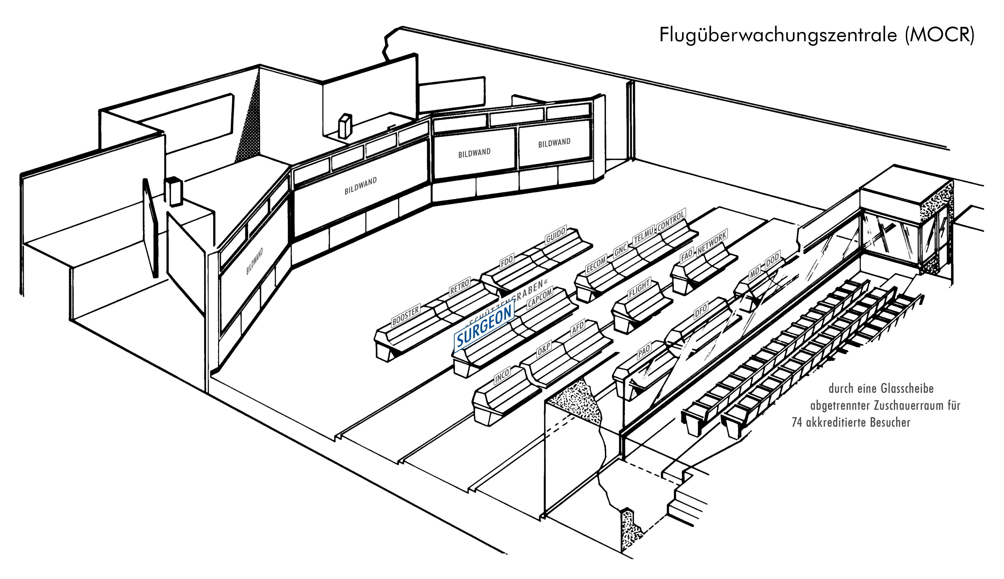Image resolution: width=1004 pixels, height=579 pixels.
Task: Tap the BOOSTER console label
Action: (406, 315)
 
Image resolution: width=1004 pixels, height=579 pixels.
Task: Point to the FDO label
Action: (507, 262)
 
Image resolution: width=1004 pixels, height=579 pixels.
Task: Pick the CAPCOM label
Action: (540, 297)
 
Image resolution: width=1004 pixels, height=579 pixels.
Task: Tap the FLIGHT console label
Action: (639, 289)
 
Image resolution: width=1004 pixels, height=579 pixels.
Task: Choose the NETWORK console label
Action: (712, 243)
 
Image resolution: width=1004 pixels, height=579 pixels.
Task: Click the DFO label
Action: (701, 310)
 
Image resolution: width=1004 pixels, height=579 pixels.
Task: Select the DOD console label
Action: (772, 260)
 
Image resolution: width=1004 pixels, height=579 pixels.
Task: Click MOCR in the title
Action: (940, 35)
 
